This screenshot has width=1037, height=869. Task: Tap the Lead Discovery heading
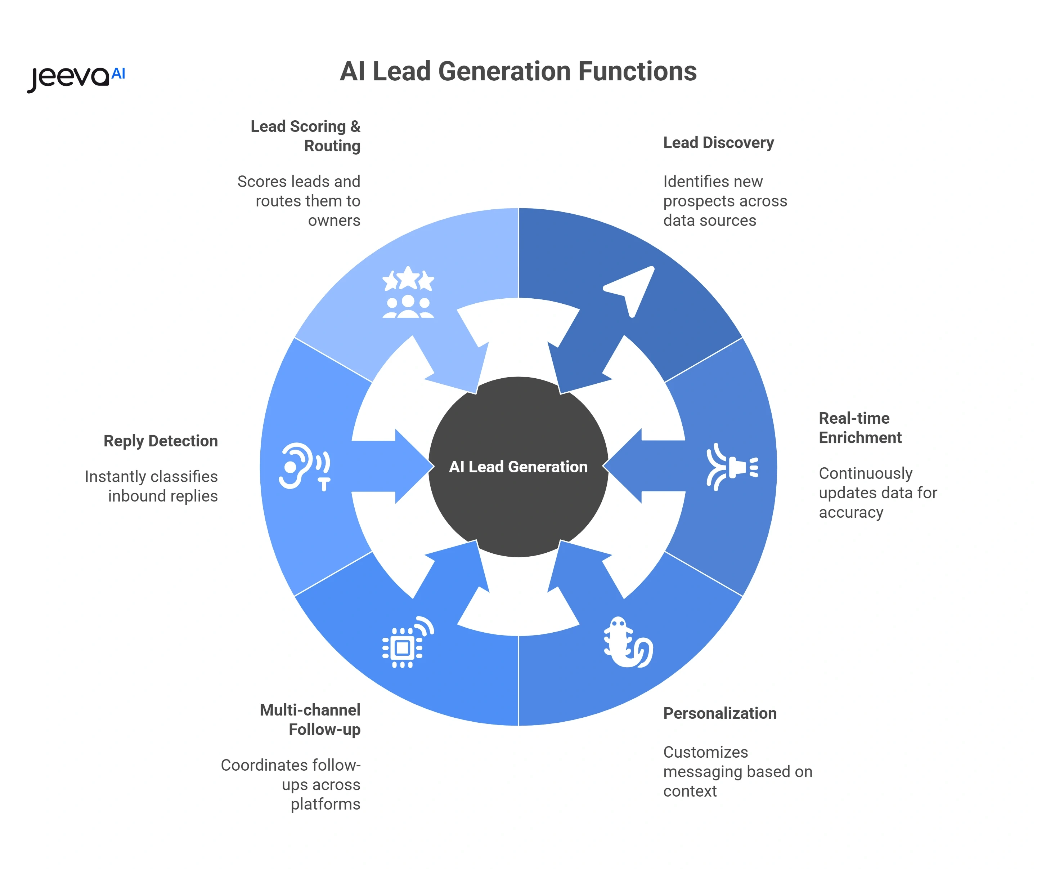(x=718, y=143)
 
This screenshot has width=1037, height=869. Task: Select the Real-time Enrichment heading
(x=860, y=428)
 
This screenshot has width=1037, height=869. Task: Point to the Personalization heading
(x=719, y=713)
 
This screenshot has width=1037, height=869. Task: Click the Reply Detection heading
(x=161, y=441)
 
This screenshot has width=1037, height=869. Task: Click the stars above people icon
(x=408, y=291)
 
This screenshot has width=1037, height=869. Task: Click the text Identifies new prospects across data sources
(x=724, y=201)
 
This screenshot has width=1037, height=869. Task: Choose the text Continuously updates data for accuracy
(x=877, y=493)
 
